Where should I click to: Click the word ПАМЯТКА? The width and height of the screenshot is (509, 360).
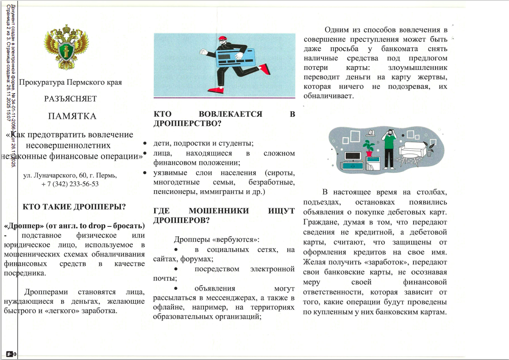tap(72, 116)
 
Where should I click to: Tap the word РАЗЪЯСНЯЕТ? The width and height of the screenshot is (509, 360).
tap(70, 99)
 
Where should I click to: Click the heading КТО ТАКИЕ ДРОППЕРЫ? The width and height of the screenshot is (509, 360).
tap(74, 207)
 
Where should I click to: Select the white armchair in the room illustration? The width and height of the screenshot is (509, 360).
tap(413, 152)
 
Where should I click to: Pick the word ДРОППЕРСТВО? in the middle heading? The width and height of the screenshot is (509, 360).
tap(187, 123)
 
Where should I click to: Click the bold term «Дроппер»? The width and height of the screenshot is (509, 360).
tap(24, 226)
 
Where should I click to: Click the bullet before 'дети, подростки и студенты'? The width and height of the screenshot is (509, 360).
tap(145, 144)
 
